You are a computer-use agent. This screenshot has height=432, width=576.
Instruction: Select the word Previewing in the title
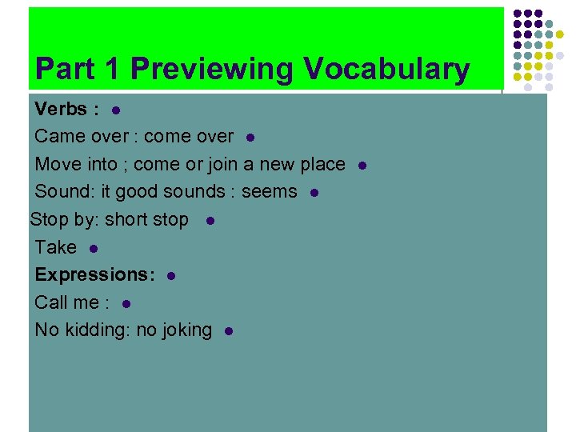[x=213, y=70]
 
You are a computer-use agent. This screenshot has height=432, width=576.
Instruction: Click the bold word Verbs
[x=61, y=109]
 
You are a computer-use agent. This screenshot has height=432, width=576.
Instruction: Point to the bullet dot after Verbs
[x=115, y=110]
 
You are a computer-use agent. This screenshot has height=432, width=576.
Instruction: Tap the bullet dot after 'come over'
[x=250, y=138]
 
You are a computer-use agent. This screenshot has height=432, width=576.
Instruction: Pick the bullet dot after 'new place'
[x=362, y=165]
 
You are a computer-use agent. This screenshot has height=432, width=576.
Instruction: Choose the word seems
[x=270, y=192]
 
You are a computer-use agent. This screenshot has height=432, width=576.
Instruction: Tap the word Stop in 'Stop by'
[x=48, y=219]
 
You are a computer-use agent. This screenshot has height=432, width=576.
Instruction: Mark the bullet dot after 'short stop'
[x=209, y=220]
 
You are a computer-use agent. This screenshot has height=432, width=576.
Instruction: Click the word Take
[x=56, y=247]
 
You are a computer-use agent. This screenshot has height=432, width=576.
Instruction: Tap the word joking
[x=185, y=330]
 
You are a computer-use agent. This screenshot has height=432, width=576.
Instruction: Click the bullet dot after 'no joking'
[x=229, y=330]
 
